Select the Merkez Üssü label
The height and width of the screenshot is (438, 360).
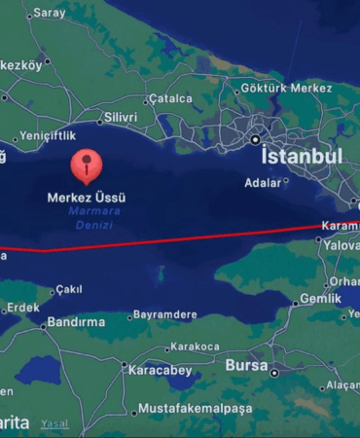[x=87, y=197]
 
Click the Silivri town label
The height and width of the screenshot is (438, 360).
[x=120, y=117]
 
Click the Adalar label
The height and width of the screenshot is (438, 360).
[x=260, y=181]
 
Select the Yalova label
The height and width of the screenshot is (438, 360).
[x=343, y=247]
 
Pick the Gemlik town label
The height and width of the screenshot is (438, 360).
[x=321, y=300]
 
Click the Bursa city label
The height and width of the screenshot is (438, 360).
[x=246, y=365]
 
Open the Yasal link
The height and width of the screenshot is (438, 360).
[x=54, y=423]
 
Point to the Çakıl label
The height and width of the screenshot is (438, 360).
[x=68, y=289]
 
